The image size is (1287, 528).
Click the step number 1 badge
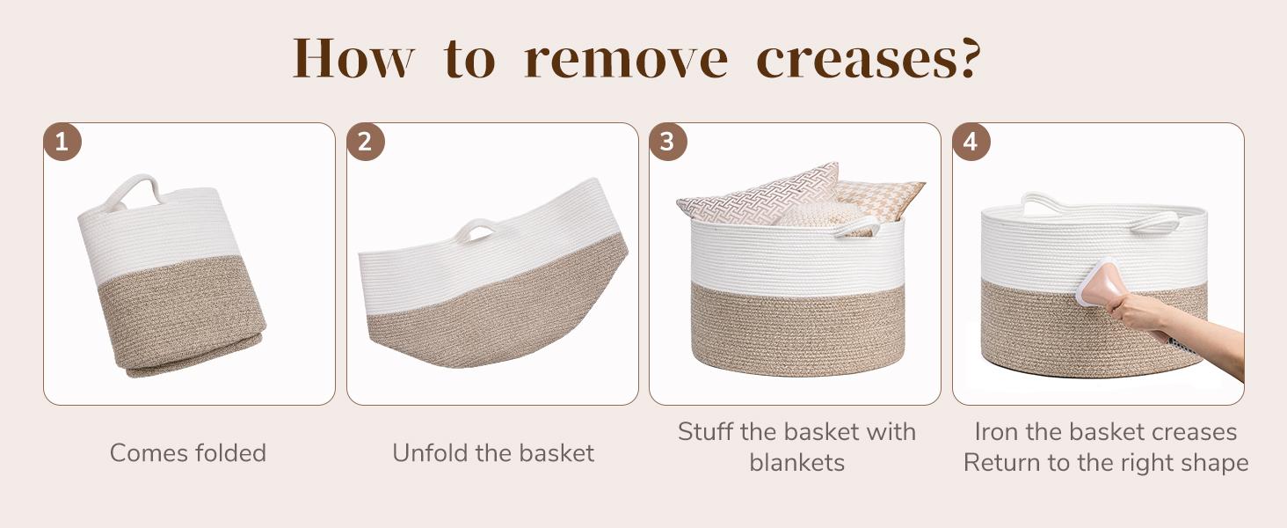[62, 143]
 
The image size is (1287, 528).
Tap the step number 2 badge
[366, 143]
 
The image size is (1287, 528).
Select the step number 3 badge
[668, 143]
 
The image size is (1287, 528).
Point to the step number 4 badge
[971, 143]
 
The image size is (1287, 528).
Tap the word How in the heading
[353, 60]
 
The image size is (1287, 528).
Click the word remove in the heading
[625, 60]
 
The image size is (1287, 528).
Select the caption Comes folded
[187, 453]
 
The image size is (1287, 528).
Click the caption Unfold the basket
[492, 453]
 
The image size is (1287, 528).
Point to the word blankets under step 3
[796, 463]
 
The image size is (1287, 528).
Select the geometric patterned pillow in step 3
[756, 194]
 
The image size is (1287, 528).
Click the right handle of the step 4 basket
[1154, 222]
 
